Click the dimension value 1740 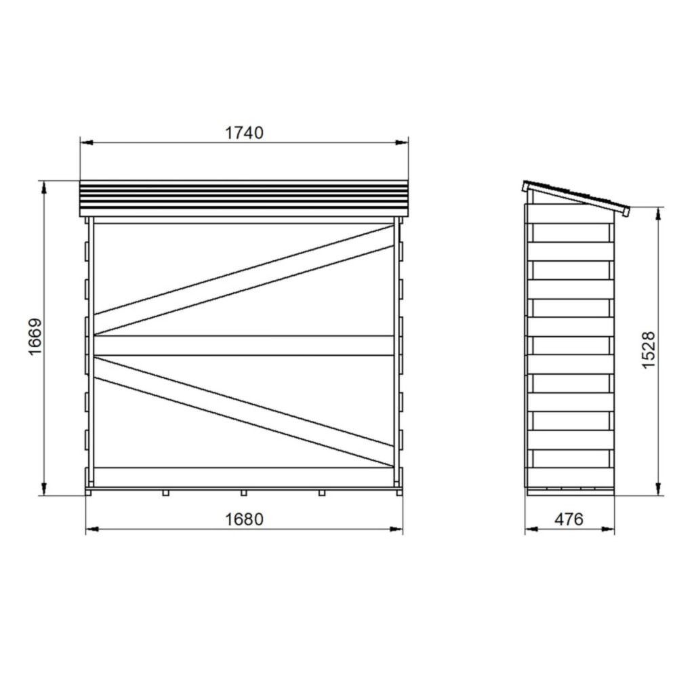point(244,133)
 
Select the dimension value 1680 point(244,519)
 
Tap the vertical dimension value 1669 point(35,336)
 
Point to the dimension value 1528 point(648,350)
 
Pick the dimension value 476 point(569,519)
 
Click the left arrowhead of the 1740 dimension point(86,142)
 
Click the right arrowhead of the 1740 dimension point(402,142)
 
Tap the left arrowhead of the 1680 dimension point(92,529)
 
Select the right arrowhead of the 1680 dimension point(396,529)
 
